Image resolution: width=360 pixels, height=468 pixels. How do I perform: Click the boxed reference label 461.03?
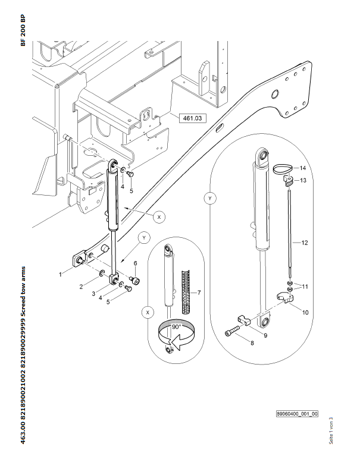pyautogui.click(x=191, y=118)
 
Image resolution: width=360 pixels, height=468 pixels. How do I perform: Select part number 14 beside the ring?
pyautogui.click(x=302, y=168)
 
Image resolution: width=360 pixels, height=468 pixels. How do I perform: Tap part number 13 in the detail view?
pyautogui.click(x=302, y=180)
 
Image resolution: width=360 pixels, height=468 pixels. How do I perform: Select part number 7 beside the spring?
pyautogui.click(x=199, y=293)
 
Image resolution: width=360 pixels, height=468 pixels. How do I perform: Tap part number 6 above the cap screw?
pyautogui.click(x=135, y=263)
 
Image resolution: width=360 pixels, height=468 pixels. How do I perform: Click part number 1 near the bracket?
pyautogui.click(x=61, y=275)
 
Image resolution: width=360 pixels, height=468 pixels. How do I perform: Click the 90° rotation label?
pyautogui.click(x=176, y=326)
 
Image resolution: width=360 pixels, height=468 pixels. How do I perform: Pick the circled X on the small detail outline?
pyautogui.click(x=148, y=311)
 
